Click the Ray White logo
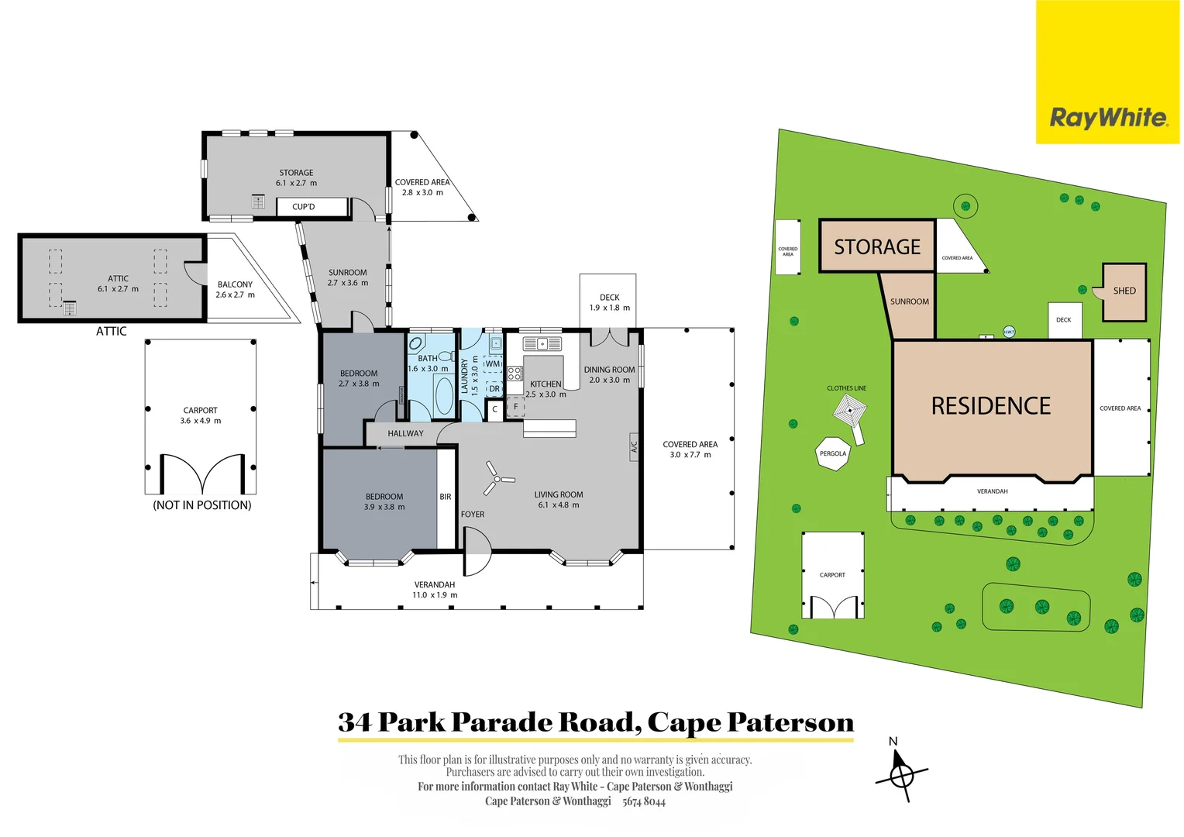pyautogui.click(x=1107, y=117)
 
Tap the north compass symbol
pyautogui.click(x=901, y=773)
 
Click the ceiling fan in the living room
pyautogui.click(x=496, y=479)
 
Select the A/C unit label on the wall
pyautogui.click(x=634, y=447)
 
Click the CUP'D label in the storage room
pyautogui.click(x=304, y=207)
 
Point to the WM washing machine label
pyautogui.click(x=493, y=363)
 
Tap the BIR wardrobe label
pyautogui.click(x=446, y=497)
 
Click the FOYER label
pyautogui.click(x=473, y=514)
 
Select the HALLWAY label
pyautogui.click(x=405, y=433)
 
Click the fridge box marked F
pyautogui.click(x=515, y=407)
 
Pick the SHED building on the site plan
pyautogui.click(x=1124, y=291)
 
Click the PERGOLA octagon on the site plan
pyautogui.click(x=833, y=453)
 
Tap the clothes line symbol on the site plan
pyautogui.click(x=851, y=412)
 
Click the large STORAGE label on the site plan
pyautogui.click(x=877, y=246)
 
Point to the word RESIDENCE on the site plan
pyautogui.click(x=990, y=406)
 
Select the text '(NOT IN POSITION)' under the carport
pyautogui.click(x=202, y=505)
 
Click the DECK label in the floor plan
pyautogui.click(x=609, y=297)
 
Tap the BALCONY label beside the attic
pyautogui.click(x=235, y=284)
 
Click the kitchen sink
pyautogui.click(x=542, y=343)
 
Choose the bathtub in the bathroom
pyautogui.click(x=444, y=397)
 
